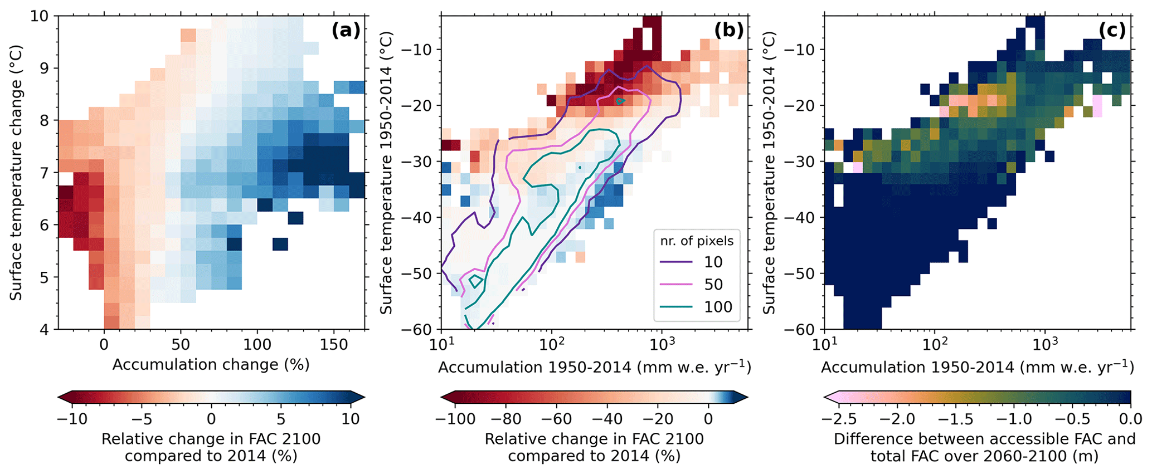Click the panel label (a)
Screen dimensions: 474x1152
(346, 31)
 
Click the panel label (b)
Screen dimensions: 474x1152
(728, 31)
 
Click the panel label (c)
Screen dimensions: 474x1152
(1112, 31)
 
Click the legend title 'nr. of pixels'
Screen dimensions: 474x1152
(697, 241)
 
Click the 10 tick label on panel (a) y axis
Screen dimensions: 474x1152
(40, 16)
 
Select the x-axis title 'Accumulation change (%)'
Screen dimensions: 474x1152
(211, 365)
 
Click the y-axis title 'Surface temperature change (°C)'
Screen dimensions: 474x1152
(16, 173)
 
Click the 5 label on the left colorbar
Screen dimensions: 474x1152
(281, 418)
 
